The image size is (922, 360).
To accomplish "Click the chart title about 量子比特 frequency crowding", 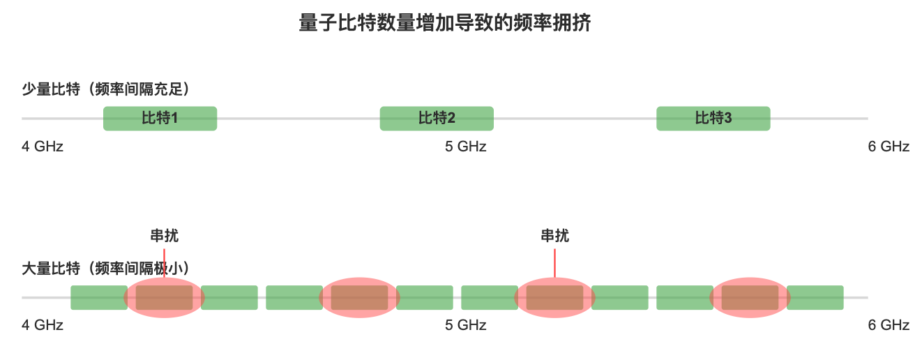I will pos(445,24).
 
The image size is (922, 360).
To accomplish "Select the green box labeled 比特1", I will pos(160,118).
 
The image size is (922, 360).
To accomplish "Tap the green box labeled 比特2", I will pos(437,118).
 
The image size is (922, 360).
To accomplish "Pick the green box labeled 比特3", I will pos(713,118).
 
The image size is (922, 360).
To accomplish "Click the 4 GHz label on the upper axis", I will pos(43,147).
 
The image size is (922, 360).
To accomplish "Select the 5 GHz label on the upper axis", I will pos(465,147).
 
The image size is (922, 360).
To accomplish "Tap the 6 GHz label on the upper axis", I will pos(889,147).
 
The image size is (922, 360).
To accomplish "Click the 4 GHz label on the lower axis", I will pos(43,325).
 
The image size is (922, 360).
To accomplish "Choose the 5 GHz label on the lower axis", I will pos(465,325).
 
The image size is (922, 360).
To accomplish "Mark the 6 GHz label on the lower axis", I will pos(889,325).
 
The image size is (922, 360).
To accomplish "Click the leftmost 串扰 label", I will pos(164,236).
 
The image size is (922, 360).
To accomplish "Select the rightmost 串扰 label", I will pos(554,236).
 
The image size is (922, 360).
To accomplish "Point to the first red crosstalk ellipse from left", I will pos(164,297).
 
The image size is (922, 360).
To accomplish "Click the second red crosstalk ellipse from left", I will pos(359,297).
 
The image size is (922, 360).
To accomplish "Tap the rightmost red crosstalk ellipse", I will pos(750,297).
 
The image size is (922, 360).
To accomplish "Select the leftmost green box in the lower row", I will pos(98,297).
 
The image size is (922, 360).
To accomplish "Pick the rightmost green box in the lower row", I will pos(816,297).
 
